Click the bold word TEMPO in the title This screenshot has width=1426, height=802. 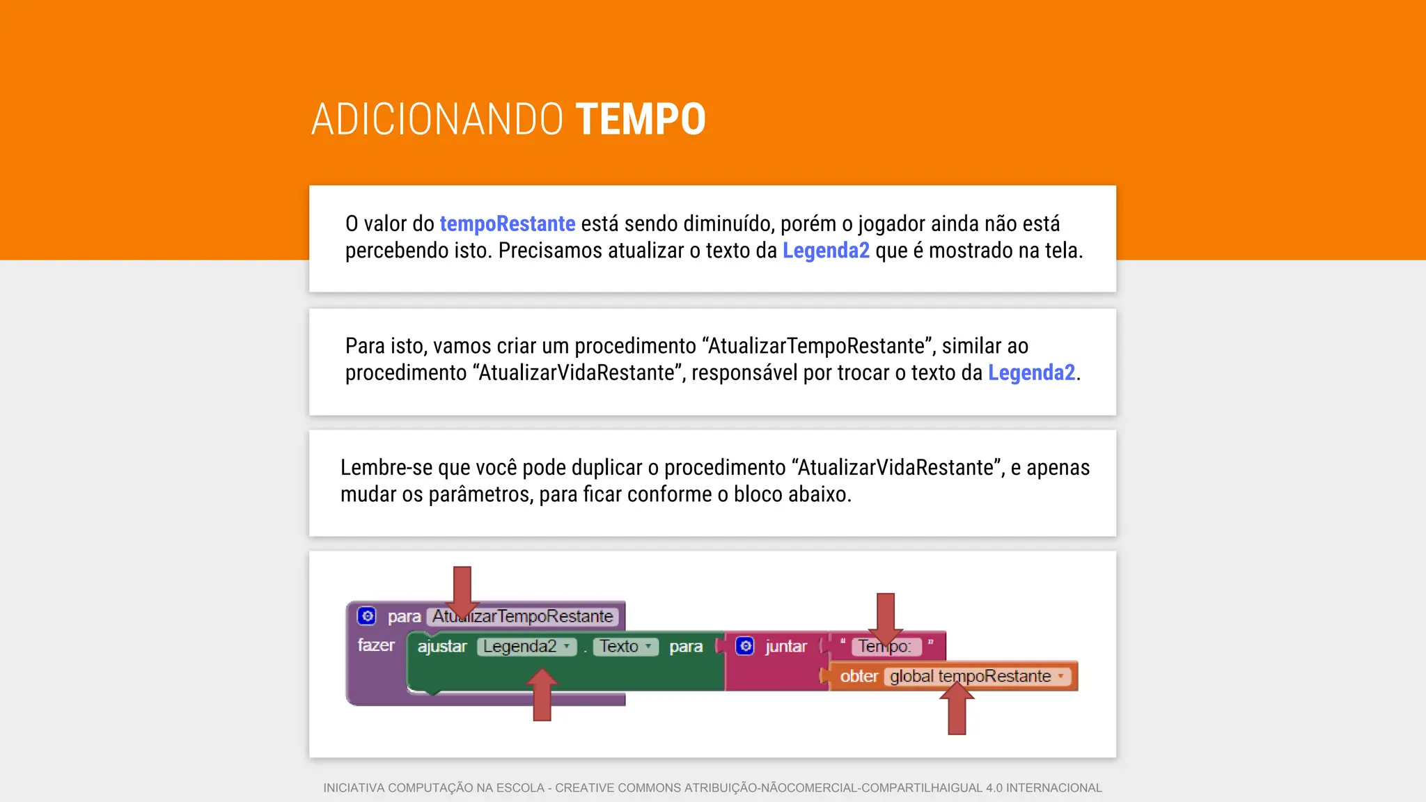[x=641, y=119]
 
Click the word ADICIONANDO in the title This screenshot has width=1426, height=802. [x=437, y=119]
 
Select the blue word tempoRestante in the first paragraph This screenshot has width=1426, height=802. [x=507, y=223]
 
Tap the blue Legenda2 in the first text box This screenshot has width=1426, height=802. [x=826, y=250]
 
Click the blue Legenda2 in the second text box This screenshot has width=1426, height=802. [x=1031, y=372]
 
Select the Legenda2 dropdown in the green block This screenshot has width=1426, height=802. [x=526, y=647]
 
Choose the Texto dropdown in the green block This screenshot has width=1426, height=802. [x=625, y=647]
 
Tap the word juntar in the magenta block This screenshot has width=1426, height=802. [x=786, y=647]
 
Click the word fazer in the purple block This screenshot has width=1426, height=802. [x=376, y=645]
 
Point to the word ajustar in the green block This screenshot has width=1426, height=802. [x=442, y=647]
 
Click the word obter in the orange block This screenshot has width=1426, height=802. [x=859, y=676]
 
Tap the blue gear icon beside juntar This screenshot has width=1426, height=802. [x=745, y=646]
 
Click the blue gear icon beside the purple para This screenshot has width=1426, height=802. [x=367, y=616]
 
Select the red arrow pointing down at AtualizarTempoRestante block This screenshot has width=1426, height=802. [x=462, y=590]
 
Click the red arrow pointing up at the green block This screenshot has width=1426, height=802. [x=542, y=695]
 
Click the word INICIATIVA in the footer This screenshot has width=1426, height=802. [x=354, y=788]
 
